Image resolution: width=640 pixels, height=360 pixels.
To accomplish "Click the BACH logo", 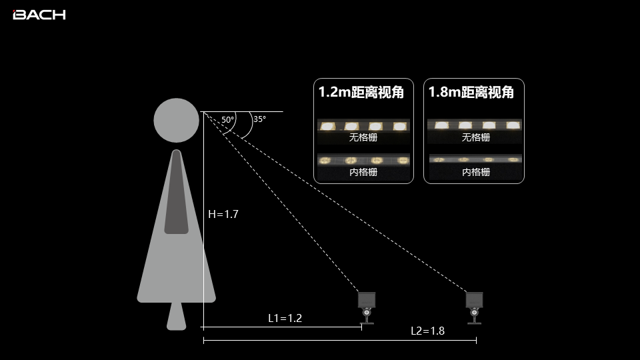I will (x=39, y=15).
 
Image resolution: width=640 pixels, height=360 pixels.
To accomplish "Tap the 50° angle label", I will (x=228, y=120).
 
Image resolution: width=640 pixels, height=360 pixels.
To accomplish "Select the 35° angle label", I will (x=259, y=119).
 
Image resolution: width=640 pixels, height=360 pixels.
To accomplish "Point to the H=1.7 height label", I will (x=223, y=215).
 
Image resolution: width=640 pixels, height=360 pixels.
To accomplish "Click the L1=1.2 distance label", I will (x=285, y=318).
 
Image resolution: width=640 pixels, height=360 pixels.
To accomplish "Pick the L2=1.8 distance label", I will (x=427, y=331).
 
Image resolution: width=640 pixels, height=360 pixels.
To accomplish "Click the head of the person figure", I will (x=176, y=121).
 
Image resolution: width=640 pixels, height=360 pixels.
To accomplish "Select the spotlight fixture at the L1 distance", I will (x=367, y=307).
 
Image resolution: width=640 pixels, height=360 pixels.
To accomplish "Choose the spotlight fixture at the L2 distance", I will (x=475, y=307).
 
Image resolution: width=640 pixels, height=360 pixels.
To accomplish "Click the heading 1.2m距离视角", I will (x=361, y=93).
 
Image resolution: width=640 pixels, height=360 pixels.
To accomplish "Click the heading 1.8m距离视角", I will (x=471, y=93).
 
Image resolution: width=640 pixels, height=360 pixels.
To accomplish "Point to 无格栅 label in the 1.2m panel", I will (x=363, y=138).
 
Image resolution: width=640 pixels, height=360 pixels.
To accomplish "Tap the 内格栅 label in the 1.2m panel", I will (x=363, y=172).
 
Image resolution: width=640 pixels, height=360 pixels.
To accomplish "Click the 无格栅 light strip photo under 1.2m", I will (x=363, y=126).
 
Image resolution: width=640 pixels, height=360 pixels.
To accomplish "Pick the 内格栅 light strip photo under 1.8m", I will (x=474, y=160).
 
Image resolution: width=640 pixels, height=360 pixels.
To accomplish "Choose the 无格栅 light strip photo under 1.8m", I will (x=474, y=125).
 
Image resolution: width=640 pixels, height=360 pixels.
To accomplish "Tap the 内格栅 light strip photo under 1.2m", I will (x=363, y=160).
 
